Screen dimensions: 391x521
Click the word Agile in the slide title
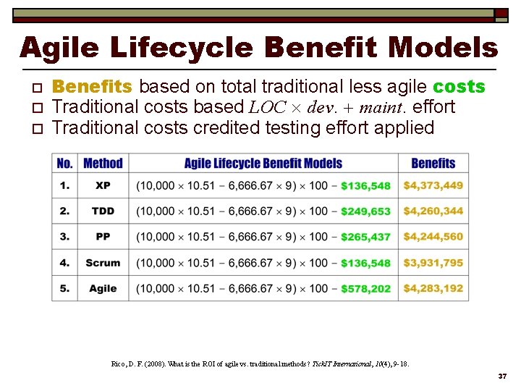point(62,49)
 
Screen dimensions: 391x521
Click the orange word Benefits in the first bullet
point(93,87)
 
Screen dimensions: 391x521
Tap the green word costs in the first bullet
point(459,87)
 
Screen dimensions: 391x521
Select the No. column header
point(65,164)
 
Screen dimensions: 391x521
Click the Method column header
point(103,164)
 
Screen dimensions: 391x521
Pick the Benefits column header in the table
point(433,164)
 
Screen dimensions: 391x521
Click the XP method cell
point(103,185)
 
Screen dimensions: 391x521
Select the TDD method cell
point(103,211)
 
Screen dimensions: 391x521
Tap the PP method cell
point(103,237)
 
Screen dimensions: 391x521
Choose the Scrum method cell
point(103,263)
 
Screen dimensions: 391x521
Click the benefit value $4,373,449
point(433,185)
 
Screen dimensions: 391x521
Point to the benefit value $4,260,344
point(433,211)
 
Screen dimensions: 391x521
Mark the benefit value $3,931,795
point(433,263)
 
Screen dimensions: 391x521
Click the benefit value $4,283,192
point(433,288)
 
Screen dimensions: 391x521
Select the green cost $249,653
point(365,211)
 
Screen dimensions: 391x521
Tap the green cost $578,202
point(365,288)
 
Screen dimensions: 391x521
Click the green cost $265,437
point(365,237)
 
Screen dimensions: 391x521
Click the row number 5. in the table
point(65,288)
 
